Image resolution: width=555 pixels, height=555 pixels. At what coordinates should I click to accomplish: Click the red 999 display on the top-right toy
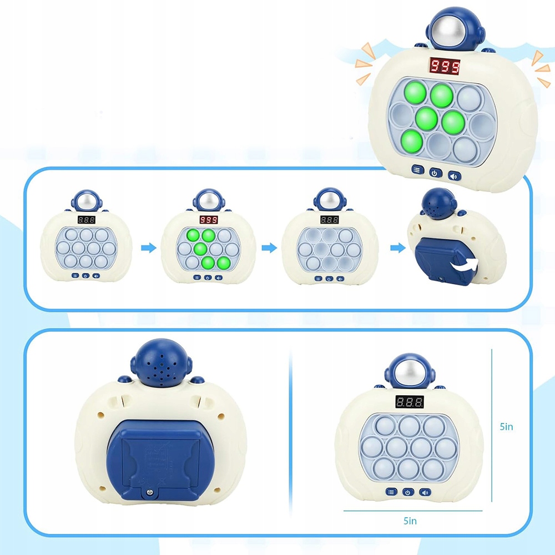(444, 67)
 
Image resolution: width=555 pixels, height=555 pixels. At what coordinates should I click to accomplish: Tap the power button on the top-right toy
(435, 173)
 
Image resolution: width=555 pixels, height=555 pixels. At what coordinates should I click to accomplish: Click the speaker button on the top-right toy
(453, 174)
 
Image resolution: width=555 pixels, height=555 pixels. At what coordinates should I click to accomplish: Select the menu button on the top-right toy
(416, 170)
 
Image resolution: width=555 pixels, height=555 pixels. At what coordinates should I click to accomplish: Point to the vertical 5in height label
(506, 427)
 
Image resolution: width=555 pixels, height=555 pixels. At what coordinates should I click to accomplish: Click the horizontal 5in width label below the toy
(410, 521)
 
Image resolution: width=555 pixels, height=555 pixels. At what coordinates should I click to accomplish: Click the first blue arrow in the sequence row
(148, 248)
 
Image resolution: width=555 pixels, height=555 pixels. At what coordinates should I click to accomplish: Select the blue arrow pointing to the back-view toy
(396, 248)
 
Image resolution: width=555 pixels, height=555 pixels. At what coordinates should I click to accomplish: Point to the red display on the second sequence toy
(209, 220)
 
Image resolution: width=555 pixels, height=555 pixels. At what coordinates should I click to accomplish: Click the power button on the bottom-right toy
(408, 492)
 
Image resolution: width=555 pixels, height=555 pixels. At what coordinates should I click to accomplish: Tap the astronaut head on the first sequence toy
(86, 201)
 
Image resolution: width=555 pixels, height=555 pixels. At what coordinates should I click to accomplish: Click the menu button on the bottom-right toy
(391, 492)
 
